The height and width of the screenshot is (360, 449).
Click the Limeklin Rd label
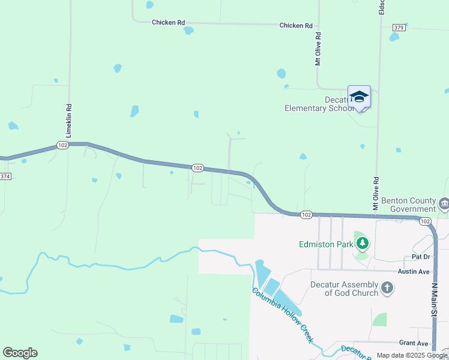click(x=69, y=121)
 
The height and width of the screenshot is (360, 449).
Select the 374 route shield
click(x=5, y=176)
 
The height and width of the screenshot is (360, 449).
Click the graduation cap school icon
click(x=359, y=97)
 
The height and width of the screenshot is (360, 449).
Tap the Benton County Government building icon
click(x=444, y=205)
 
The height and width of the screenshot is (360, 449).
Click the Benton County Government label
click(x=405, y=205)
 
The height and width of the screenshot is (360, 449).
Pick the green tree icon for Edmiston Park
click(x=362, y=244)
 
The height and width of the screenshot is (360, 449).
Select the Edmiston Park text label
click(x=326, y=244)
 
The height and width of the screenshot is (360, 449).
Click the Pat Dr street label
click(x=421, y=257)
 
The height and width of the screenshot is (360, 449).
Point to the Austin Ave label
click(x=415, y=271)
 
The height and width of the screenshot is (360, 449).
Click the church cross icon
click(x=387, y=289)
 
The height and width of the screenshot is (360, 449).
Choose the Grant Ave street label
click(x=414, y=343)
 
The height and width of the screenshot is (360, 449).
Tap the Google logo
click(x=20, y=353)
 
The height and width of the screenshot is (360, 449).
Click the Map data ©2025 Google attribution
click(x=412, y=355)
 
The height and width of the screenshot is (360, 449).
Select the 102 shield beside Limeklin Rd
click(x=62, y=145)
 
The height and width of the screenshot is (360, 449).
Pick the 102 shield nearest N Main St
click(x=425, y=221)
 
